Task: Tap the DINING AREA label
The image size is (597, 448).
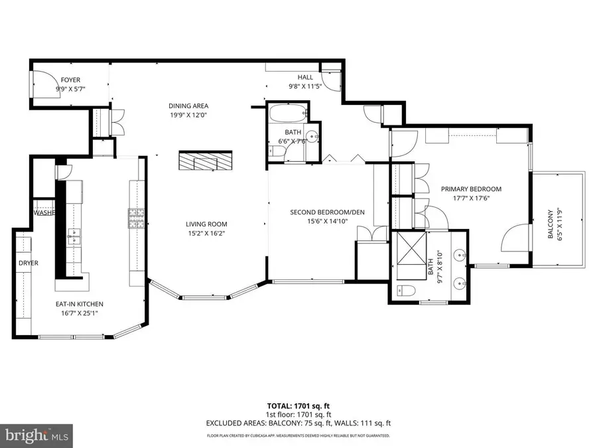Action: pos(189,106)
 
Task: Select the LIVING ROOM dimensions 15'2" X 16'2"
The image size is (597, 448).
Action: pos(206,234)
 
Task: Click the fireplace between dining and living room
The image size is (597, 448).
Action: pos(206,161)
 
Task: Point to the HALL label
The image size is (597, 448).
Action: pos(305,78)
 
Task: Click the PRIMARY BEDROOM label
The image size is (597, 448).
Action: pos(471,189)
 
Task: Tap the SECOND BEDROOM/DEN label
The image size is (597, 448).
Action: pos(328,212)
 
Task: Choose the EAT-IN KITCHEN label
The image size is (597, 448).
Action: pos(79,304)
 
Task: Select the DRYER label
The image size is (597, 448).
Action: pos(29,263)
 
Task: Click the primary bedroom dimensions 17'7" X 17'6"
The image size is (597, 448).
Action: pos(471,198)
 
